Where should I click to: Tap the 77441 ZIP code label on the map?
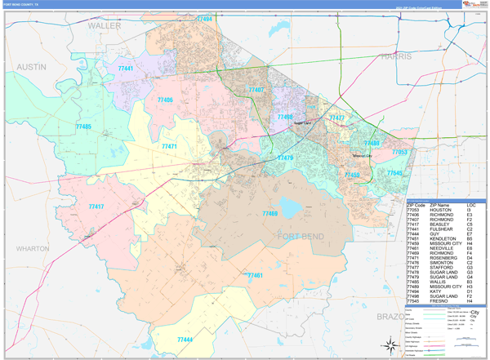(126, 69)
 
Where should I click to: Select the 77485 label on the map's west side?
(83, 127)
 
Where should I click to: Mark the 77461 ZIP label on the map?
(254, 276)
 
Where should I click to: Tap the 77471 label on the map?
(170, 146)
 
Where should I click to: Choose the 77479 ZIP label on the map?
(285, 158)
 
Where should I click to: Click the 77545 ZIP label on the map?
(394, 173)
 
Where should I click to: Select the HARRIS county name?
(397, 56)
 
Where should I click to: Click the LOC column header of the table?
(471, 204)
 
